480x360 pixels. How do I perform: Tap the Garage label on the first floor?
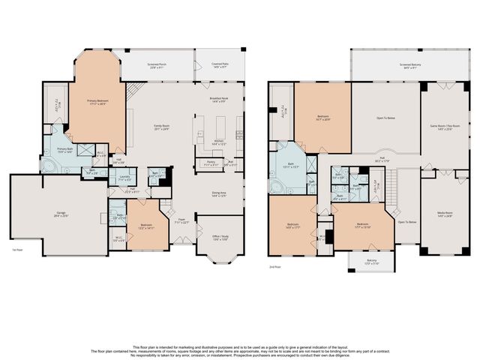(61, 214)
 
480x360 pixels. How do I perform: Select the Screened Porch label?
(157, 65)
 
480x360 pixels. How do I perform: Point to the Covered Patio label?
(219, 65)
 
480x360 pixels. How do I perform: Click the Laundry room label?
(124, 178)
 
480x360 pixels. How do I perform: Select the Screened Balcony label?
(409, 65)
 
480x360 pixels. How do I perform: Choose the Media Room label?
(444, 217)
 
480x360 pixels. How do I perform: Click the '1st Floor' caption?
(16, 250)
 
